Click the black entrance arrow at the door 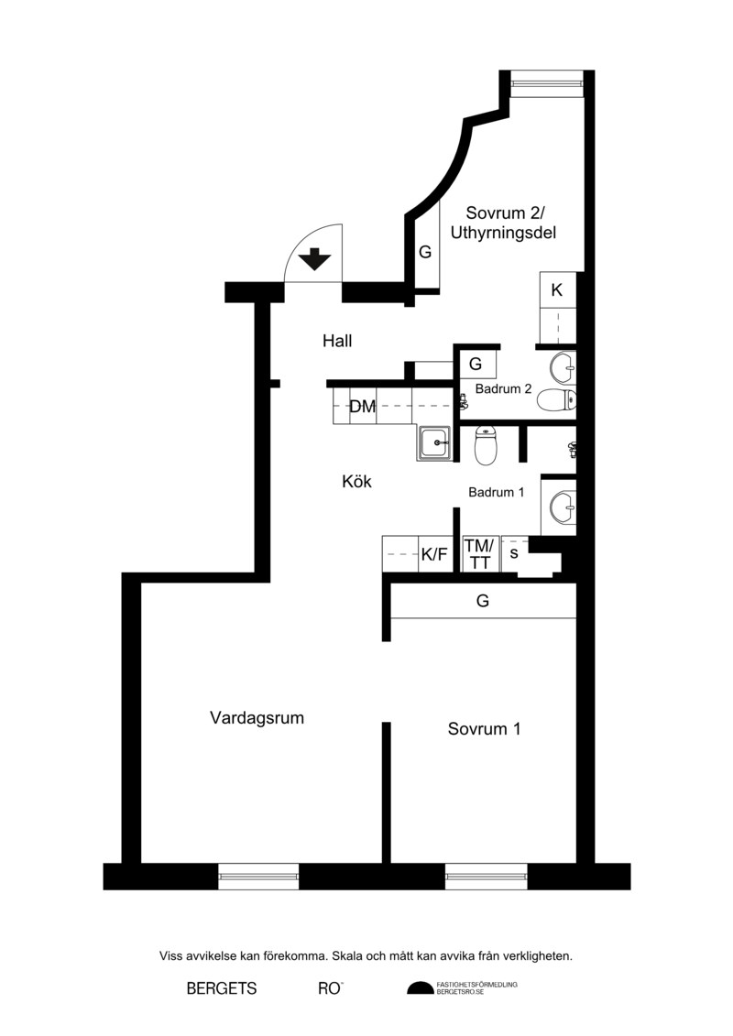tap(315, 259)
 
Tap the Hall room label tap(337, 341)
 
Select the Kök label tap(357, 482)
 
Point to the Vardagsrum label tap(257, 718)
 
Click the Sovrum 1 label tap(485, 729)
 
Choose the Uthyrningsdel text tap(503, 234)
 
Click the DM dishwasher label tap(362, 407)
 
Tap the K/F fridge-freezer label tap(434, 555)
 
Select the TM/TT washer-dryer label tap(479, 554)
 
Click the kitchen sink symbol tap(434, 442)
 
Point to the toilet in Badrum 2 tap(556, 400)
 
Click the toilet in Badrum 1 tap(486, 445)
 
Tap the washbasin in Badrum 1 tap(563, 507)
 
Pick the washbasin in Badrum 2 tap(564, 368)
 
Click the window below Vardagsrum tap(258, 877)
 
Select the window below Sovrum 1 tap(487, 877)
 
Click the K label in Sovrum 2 tap(556, 290)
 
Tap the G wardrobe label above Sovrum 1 tap(483, 601)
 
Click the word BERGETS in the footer tap(222, 989)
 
